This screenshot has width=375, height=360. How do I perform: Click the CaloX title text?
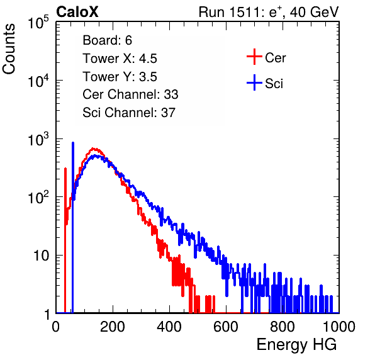[x=77, y=12]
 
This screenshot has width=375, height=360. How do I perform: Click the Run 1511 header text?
[x=269, y=12]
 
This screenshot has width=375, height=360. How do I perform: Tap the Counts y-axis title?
[x=9, y=49]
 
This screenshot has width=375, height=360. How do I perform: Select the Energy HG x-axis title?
[x=296, y=344]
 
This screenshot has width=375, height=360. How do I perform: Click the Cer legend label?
[x=275, y=58]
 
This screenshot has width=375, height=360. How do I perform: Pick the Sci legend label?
[x=274, y=84]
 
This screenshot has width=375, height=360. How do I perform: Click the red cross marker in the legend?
[x=254, y=57]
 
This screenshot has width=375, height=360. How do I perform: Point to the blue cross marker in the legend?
[x=254, y=83]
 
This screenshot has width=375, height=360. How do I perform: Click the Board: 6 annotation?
[x=107, y=40]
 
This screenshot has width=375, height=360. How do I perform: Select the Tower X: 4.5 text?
[x=120, y=59]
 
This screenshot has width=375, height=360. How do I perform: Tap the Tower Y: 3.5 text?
[x=120, y=77]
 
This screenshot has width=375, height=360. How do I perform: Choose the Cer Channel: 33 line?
[x=130, y=94]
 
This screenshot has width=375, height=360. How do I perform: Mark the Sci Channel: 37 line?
[x=129, y=113]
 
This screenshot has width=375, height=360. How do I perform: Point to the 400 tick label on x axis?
[x=169, y=327]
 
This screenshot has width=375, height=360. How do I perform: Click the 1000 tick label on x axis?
[x=339, y=327]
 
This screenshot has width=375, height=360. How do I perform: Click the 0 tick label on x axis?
[x=56, y=327]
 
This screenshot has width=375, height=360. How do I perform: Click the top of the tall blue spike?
[x=73, y=143]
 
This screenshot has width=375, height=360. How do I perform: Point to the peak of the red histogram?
[x=94, y=149]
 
